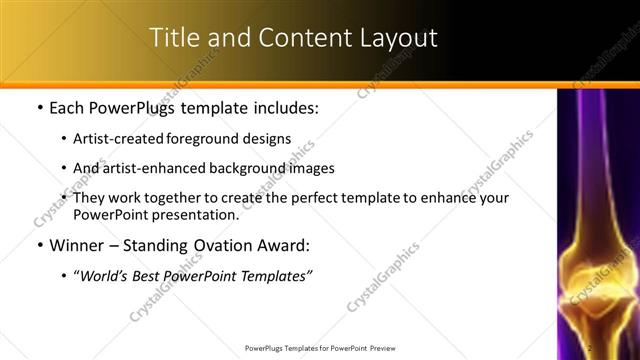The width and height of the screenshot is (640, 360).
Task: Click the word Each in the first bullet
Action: tap(68, 108)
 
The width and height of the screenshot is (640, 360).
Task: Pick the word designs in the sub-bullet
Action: tap(265, 140)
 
